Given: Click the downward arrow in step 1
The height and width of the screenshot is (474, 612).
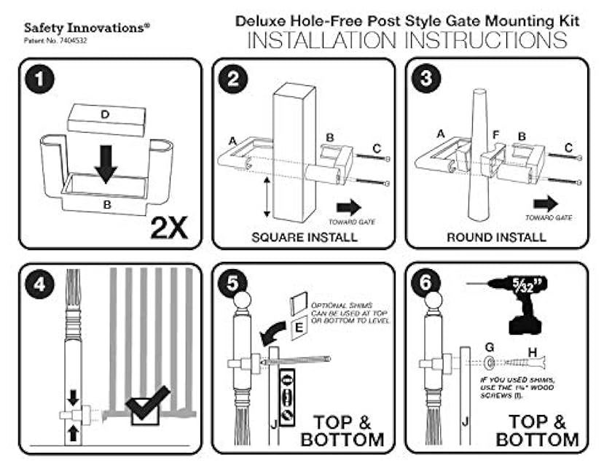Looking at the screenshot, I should tap(106, 161).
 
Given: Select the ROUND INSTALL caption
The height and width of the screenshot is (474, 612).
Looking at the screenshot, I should tap(497, 237).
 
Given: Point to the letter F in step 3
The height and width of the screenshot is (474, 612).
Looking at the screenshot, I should tap(495, 135).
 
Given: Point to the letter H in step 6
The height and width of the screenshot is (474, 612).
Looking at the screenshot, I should tap(533, 353).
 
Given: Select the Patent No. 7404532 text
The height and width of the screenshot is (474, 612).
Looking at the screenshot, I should tap(58, 41).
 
